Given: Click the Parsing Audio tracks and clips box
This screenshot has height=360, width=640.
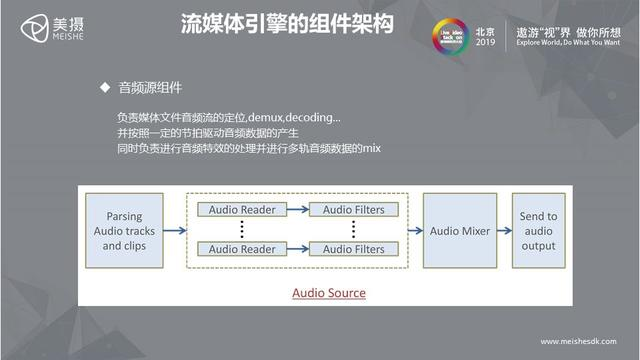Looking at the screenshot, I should tap(123, 231).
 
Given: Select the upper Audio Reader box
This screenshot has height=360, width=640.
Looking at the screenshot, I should tap(242, 210).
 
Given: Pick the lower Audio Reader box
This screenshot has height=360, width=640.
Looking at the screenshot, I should tap(242, 249).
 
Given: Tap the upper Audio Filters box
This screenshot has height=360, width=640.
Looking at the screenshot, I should tap(353, 210).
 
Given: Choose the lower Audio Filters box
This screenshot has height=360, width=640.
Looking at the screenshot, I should tap(353, 249).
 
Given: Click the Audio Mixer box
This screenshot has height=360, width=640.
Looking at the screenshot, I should tap(460, 231).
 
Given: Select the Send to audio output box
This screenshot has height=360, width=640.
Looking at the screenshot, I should tap(538, 231).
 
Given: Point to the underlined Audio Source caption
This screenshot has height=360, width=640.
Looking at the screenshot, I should tap(328, 293).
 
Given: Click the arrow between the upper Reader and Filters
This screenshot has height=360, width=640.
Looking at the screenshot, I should tap(298, 210).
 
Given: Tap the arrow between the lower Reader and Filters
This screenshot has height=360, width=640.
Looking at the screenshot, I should tap(298, 249).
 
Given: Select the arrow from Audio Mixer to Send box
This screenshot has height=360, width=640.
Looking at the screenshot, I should tap(504, 231).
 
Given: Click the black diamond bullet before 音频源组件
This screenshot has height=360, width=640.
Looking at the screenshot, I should tap(103, 88).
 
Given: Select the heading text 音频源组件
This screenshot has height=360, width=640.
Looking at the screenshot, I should tap(150, 88).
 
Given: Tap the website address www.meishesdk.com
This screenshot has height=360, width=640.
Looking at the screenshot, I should tap(579, 340).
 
